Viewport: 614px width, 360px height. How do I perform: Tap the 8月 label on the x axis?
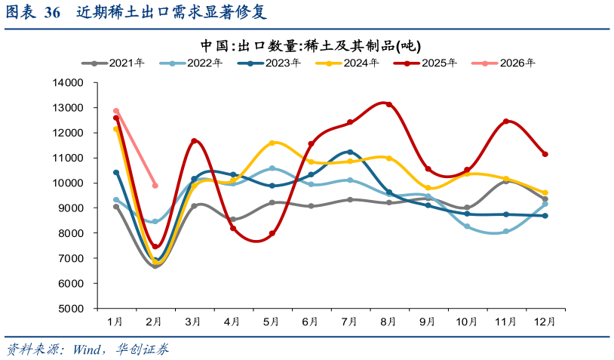388,322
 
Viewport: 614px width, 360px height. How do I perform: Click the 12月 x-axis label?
545,322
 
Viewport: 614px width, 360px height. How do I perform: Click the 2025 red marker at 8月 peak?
389,104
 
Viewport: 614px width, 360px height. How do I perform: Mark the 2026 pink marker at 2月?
155,185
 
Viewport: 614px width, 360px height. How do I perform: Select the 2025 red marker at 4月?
233,228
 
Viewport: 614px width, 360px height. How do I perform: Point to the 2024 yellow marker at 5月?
272,143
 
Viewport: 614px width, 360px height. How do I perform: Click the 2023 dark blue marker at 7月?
350,152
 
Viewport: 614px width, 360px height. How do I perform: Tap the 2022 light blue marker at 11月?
506,232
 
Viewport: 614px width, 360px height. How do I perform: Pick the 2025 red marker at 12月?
545,154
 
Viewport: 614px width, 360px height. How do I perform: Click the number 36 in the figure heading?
53,13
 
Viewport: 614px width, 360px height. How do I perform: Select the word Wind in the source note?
89,349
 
